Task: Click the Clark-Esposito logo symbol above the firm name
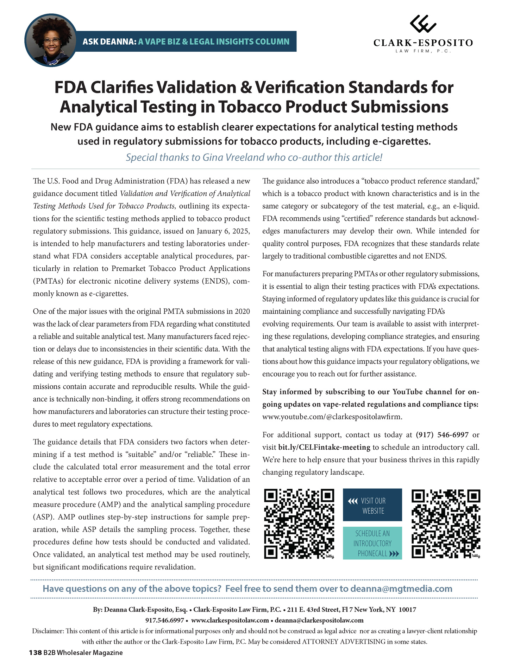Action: tap(423, 24)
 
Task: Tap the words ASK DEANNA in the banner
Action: tap(109, 41)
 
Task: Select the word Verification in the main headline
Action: tap(299, 88)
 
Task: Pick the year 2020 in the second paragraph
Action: tap(242, 311)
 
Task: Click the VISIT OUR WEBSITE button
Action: tap(372, 505)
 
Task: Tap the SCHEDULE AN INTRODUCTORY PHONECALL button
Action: tap(372, 543)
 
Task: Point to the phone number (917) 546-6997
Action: tap(442, 435)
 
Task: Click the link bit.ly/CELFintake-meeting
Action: tap(324, 448)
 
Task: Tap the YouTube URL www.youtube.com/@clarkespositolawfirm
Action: tap(332, 417)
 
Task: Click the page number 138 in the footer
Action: tap(35, 653)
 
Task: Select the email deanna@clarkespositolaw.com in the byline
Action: tap(319, 620)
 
